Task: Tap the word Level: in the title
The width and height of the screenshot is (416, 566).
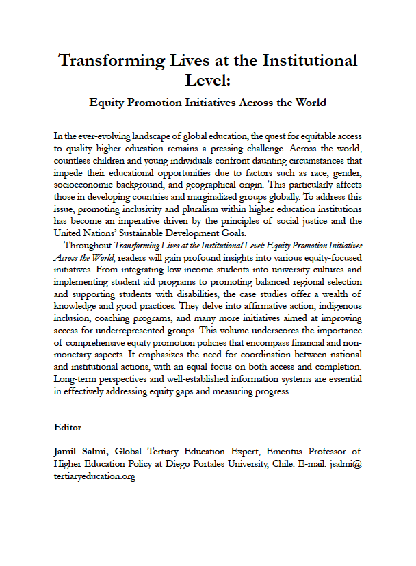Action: [x=208, y=81]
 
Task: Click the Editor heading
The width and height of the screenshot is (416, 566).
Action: [x=68, y=427]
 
